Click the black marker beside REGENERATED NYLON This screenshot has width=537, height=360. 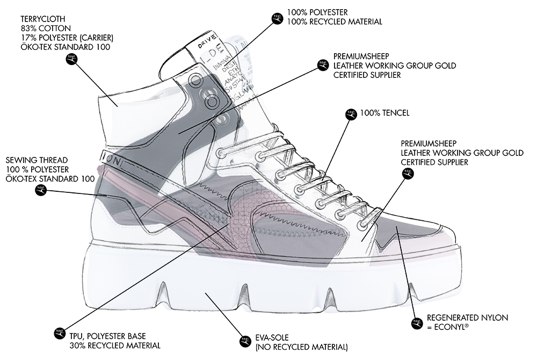click(415, 323)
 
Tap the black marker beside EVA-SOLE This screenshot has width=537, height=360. click(245, 341)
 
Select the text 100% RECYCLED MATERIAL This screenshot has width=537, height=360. click(335, 22)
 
